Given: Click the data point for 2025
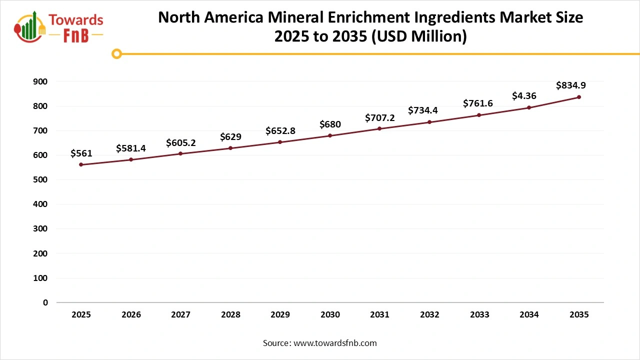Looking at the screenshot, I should (81, 164).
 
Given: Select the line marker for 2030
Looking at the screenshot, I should (330, 135).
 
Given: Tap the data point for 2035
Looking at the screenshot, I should (579, 97).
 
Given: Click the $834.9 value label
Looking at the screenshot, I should (571, 85).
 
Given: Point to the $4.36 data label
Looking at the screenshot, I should (524, 95).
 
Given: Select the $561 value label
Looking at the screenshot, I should (81, 153).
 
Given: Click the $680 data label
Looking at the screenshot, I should (330, 124).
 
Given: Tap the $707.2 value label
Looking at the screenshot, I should (380, 117).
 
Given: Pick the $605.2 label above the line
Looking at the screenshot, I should (180, 143).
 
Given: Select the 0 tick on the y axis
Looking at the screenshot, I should (45, 302).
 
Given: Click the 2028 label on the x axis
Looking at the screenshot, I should (230, 315).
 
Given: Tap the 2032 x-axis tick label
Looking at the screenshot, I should (429, 315).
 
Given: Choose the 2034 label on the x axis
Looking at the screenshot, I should (529, 315).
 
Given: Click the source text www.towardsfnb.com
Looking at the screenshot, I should (335, 343).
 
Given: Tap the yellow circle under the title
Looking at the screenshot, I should (116, 53).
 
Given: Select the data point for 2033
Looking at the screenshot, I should (479, 115).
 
